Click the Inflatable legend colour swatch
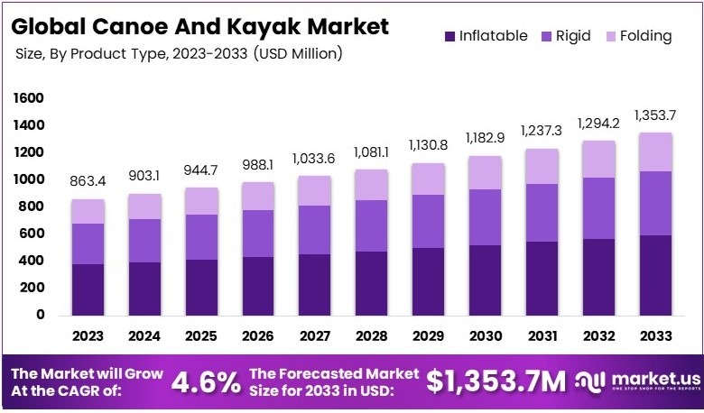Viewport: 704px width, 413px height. (x=449, y=37)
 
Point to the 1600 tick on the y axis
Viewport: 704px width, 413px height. (x=30, y=97)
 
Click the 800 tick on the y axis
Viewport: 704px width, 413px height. (x=33, y=206)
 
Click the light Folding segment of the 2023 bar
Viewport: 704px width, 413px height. (x=88, y=211)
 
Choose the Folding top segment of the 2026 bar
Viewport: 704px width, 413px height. (x=256, y=196)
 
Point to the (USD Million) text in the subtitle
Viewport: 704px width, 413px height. (x=299, y=55)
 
